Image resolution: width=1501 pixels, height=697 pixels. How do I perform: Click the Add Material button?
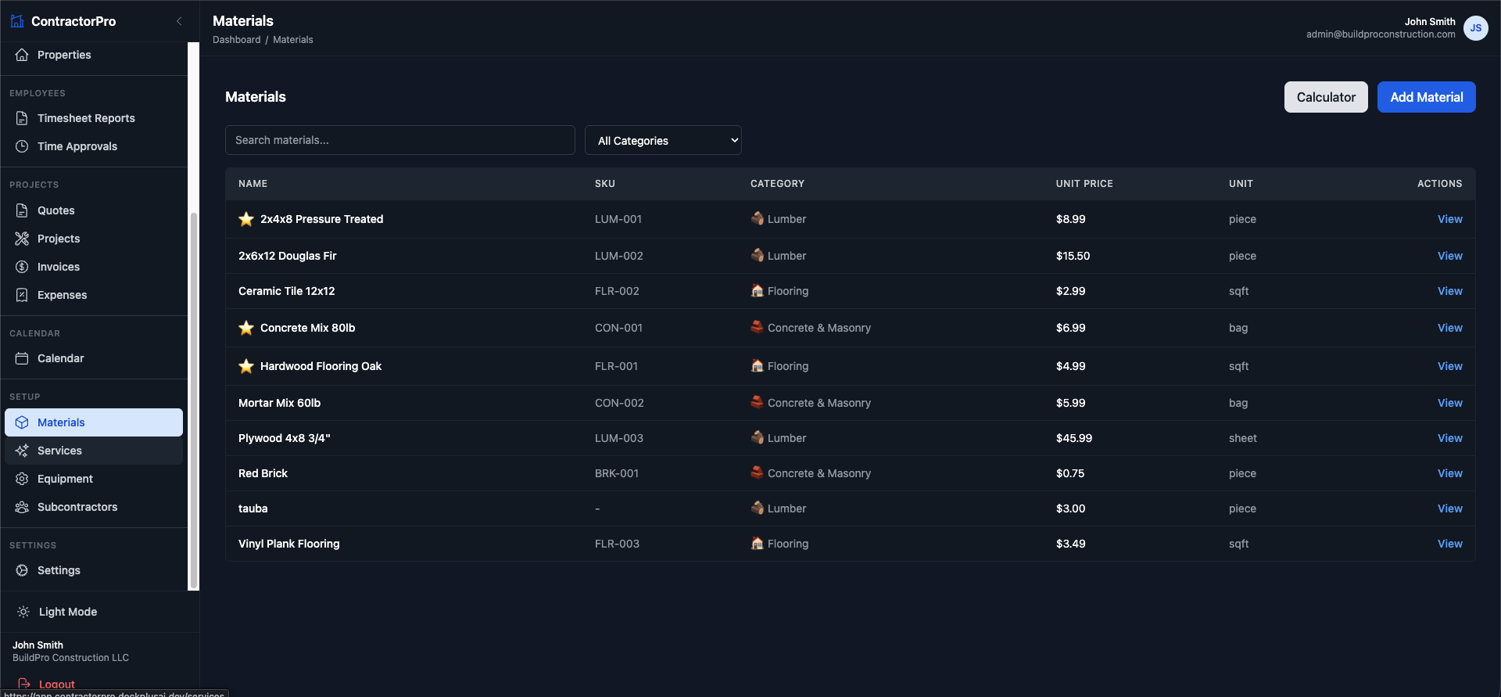(x=1426, y=97)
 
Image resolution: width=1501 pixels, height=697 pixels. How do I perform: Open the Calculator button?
(x=1326, y=97)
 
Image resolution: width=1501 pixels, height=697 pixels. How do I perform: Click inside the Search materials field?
(x=399, y=140)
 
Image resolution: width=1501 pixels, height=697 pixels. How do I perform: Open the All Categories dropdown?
(x=663, y=141)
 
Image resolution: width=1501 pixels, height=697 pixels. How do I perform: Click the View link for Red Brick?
(x=1449, y=473)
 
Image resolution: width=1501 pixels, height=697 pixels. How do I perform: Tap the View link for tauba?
(x=1449, y=508)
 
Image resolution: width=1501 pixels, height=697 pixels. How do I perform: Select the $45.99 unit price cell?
(x=1073, y=438)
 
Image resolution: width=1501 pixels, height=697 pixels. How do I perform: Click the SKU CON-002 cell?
(x=619, y=403)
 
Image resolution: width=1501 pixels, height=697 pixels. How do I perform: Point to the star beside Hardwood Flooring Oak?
(x=246, y=366)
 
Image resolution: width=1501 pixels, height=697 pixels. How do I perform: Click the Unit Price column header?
(x=1084, y=184)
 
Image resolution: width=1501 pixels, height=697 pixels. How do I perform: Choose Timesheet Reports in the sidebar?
(x=86, y=118)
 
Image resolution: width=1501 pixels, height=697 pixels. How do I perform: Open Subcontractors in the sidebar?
(x=77, y=507)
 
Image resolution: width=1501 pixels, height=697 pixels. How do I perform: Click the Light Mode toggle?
(x=67, y=612)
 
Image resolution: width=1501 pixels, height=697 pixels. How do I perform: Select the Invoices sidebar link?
(x=59, y=267)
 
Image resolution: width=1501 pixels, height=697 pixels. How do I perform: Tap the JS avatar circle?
(x=1475, y=28)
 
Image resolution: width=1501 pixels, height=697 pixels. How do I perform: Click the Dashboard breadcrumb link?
(x=236, y=40)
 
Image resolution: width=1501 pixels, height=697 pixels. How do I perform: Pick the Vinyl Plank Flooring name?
(x=288, y=544)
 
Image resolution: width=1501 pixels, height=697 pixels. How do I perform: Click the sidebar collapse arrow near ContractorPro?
(x=179, y=21)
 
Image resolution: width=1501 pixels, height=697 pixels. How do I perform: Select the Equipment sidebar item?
(x=65, y=479)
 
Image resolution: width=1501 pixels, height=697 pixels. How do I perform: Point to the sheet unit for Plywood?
(x=1242, y=438)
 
